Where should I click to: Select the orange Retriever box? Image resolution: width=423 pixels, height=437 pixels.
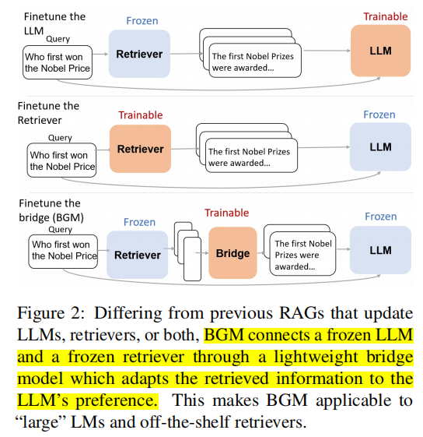click(x=140, y=150)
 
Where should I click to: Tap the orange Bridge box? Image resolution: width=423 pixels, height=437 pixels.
click(x=232, y=253)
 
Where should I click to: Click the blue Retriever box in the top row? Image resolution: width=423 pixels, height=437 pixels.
click(x=140, y=55)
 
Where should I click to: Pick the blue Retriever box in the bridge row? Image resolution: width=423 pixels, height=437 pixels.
click(x=138, y=255)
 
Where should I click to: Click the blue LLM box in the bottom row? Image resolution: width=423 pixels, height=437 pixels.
click(x=380, y=250)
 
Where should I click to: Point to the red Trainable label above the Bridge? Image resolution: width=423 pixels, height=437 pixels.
click(x=226, y=213)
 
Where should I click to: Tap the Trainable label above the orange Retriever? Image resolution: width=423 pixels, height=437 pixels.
click(x=141, y=115)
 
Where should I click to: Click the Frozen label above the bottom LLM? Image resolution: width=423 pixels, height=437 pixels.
click(x=380, y=217)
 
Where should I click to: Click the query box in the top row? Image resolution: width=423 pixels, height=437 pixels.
click(x=58, y=62)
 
